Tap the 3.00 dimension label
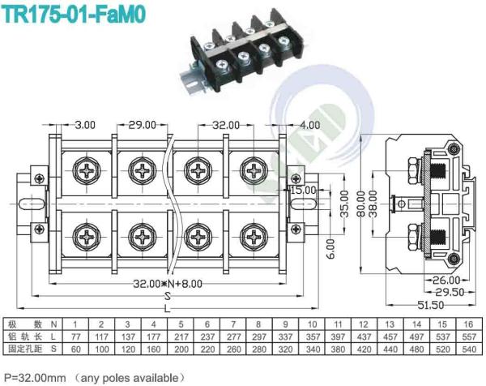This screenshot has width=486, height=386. click(85, 125)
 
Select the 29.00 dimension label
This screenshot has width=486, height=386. click(142, 125)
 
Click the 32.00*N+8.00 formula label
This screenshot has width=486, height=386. click(168, 283)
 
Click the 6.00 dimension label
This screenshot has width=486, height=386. click(308, 246)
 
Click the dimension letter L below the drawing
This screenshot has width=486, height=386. click(167, 308)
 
